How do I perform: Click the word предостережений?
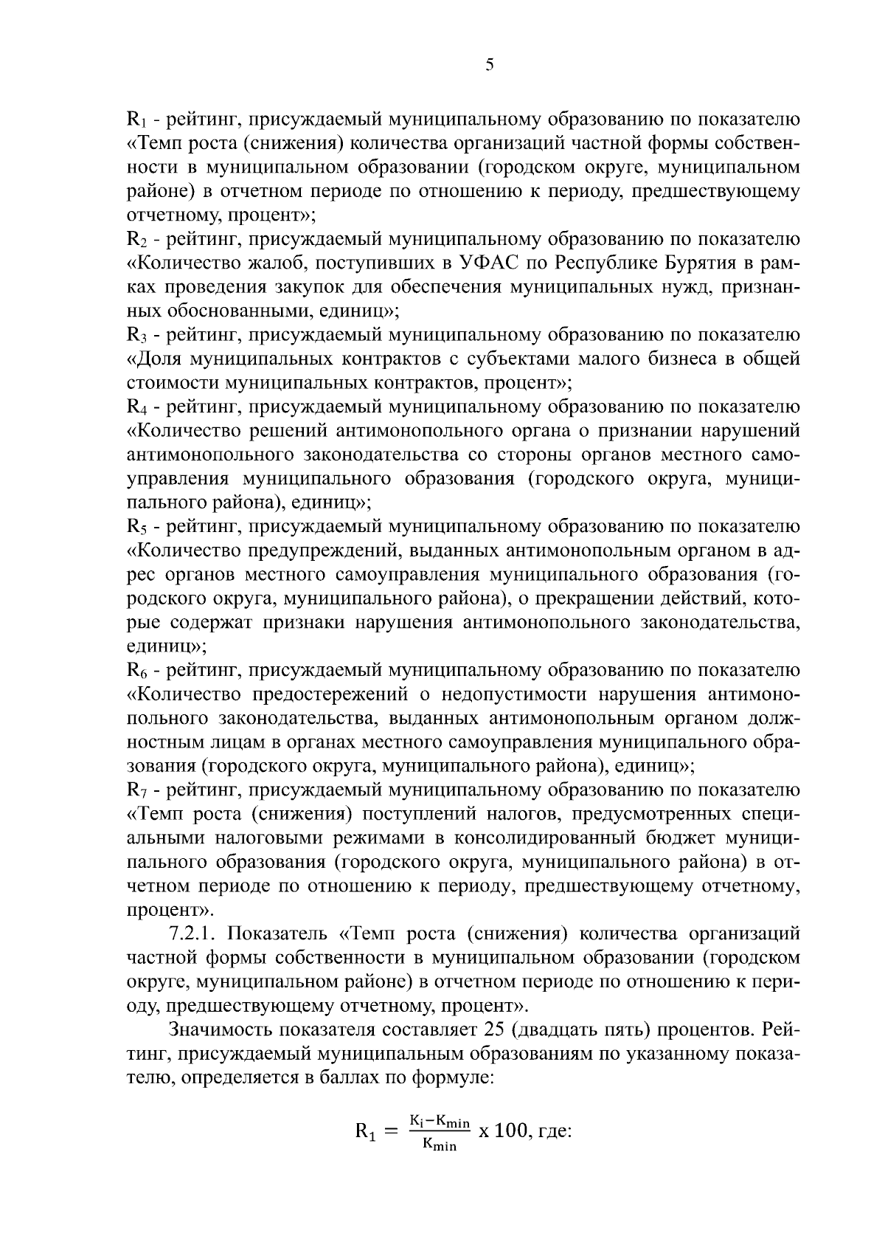click(x=331, y=695)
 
